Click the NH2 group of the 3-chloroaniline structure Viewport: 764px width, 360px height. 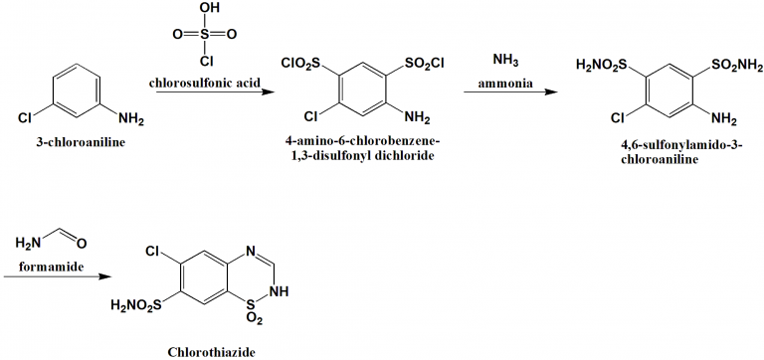130,121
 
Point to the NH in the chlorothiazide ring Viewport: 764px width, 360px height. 280,292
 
